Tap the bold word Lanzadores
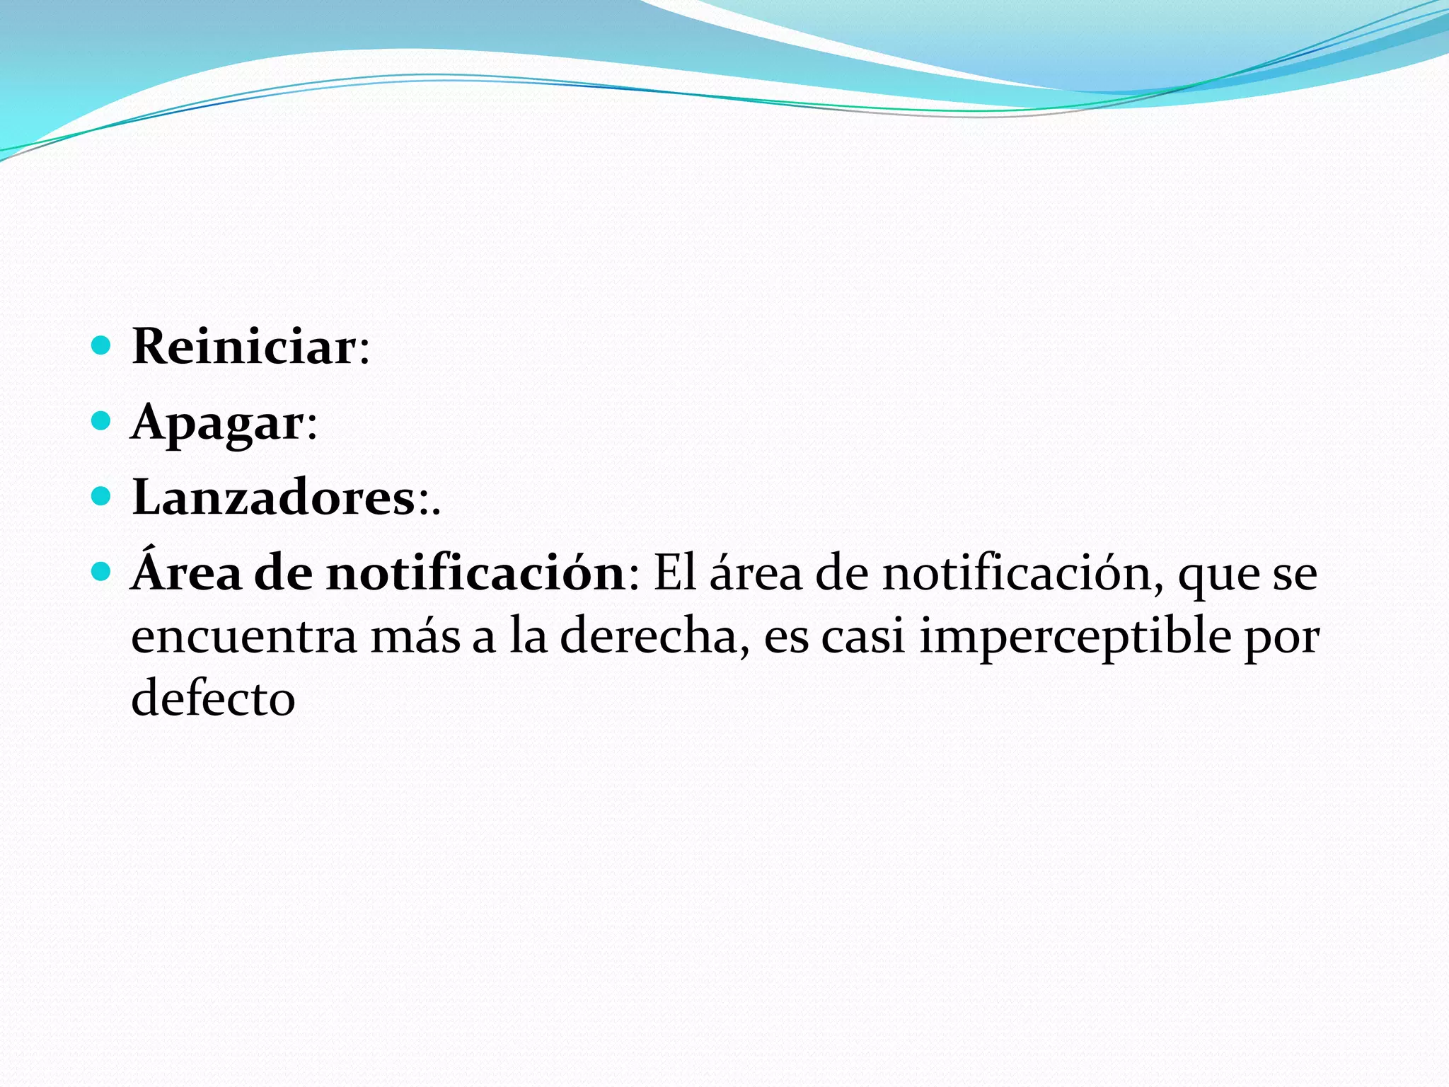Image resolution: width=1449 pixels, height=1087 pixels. click(x=273, y=498)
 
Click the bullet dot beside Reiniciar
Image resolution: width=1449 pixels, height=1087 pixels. click(x=102, y=345)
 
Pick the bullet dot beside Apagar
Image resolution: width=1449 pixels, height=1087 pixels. click(x=102, y=421)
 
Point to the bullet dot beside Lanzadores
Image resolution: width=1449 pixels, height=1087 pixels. click(x=102, y=496)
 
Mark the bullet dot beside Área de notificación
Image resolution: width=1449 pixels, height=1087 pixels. click(x=102, y=571)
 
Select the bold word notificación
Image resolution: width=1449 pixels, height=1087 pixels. click(x=475, y=573)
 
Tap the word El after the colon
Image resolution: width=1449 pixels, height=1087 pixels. click(x=675, y=573)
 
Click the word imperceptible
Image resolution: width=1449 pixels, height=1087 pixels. click(x=1075, y=636)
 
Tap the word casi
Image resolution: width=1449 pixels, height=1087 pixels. click(x=862, y=636)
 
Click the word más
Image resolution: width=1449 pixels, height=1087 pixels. click(x=416, y=636)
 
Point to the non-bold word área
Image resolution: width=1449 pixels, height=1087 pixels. click(x=756, y=573)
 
